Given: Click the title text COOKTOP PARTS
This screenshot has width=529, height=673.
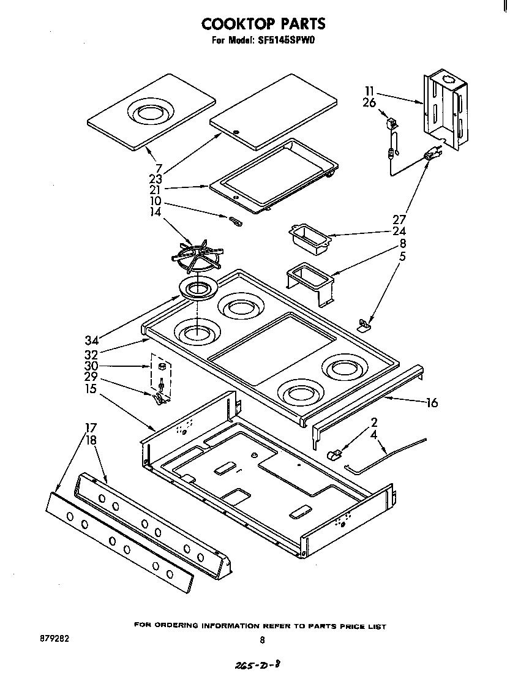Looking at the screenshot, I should (x=263, y=24).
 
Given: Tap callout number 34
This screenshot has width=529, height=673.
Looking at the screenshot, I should (x=92, y=340).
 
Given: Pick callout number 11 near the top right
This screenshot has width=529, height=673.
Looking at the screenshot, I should (x=369, y=92).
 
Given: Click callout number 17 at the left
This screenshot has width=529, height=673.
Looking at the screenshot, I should (x=90, y=427).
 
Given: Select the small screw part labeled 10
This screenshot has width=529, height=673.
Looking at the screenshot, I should (x=235, y=221).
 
